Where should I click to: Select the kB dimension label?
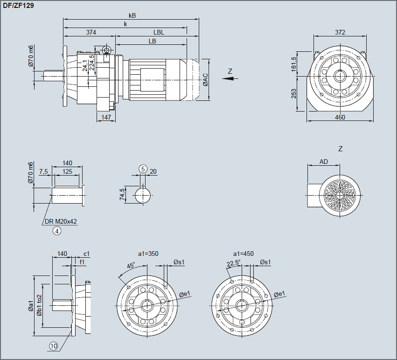pos(132,15)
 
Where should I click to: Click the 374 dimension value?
pos(91,32)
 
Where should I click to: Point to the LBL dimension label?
pos(159,32)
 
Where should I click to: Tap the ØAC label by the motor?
pos(205,79)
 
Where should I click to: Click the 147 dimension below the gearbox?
pos(106,117)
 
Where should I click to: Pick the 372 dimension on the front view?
pos(340,32)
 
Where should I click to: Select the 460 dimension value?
pos(340,117)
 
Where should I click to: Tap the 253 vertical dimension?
pos(294,93)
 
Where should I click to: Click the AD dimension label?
pos(323,162)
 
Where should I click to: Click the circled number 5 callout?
pos(143,169)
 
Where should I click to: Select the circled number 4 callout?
pos(57,231)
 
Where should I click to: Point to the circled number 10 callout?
pos(54,346)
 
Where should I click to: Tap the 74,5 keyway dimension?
pos(123,194)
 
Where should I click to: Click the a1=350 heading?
pos(148,254)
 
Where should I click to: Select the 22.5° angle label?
pos(233,263)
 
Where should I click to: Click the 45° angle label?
pos(131,265)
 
